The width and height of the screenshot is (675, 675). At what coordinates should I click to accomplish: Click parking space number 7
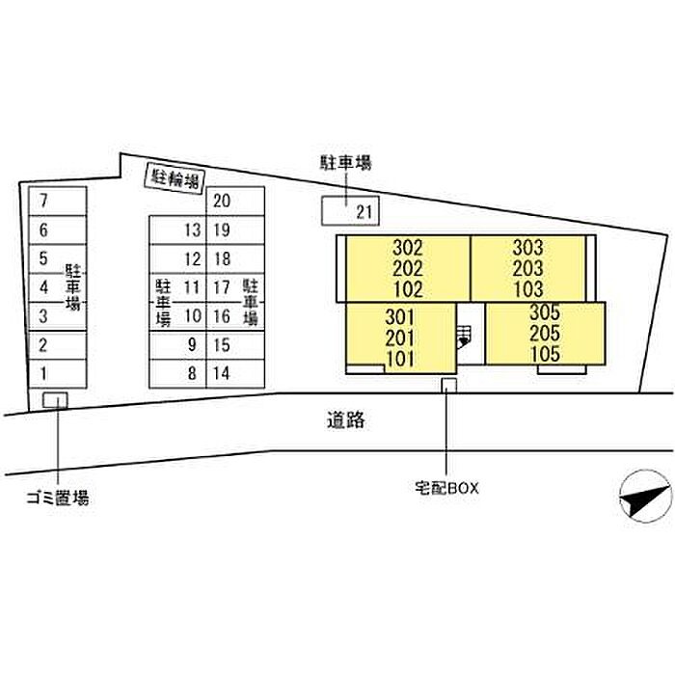pos(57,201)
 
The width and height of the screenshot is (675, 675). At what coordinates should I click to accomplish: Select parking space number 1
pos(57,374)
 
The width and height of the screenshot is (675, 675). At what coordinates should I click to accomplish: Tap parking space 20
pos(235,201)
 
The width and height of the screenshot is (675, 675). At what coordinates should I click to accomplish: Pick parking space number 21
pos(350,211)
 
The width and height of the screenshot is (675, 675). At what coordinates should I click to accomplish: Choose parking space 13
pos(177,229)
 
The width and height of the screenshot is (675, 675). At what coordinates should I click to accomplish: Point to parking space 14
pos(235,374)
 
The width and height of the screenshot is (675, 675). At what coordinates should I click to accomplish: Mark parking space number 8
pos(177,374)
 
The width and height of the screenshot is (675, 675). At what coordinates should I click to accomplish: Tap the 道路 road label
pos(346,420)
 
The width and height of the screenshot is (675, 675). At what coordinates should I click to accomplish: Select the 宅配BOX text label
pos(446,488)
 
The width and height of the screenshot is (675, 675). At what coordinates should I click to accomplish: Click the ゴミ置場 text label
pos(58,499)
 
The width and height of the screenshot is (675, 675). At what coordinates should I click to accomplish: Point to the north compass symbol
pos(646,496)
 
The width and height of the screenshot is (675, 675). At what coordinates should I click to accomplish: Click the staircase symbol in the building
pos(464,337)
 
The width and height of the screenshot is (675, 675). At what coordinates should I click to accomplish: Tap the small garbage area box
pos(55,400)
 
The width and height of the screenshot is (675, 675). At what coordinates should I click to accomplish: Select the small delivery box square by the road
pos(449,386)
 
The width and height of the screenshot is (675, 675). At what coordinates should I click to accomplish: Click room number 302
pos(408,248)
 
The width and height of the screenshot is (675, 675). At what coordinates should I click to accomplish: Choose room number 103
pos(528,289)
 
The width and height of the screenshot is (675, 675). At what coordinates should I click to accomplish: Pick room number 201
pos(400,338)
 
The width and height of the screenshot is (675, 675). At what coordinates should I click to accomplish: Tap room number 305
pos(545,312)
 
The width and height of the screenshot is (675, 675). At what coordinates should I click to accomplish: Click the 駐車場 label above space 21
pos(345,163)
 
